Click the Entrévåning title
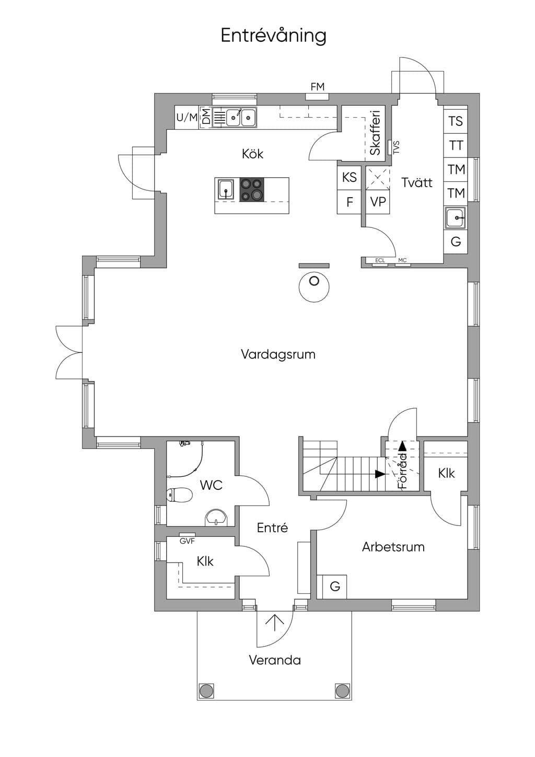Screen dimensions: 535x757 click(274, 36)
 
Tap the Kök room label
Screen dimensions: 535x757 click(253, 154)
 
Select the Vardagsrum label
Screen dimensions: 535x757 click(278, 354)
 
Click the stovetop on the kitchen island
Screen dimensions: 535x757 click(251, 190)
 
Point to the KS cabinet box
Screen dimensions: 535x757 click(349, 177)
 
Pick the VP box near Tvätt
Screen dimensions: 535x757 click(378, 202)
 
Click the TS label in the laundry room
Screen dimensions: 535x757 click(456, 121)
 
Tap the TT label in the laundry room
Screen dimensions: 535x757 click(456, 145)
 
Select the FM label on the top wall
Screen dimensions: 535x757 click(318, 87)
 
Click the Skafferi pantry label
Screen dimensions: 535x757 click(375, 133)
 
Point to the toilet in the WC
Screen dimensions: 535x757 click(179, 496)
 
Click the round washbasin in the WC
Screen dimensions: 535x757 click(216, 518)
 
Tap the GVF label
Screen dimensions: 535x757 click(187, 541)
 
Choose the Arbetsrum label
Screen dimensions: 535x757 click(393, 547)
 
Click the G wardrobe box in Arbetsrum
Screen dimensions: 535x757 click(335, 587)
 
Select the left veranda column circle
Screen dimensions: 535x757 click(206, 691)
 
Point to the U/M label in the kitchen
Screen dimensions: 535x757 click(187, 118)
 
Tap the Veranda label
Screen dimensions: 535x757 click(275, 660)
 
